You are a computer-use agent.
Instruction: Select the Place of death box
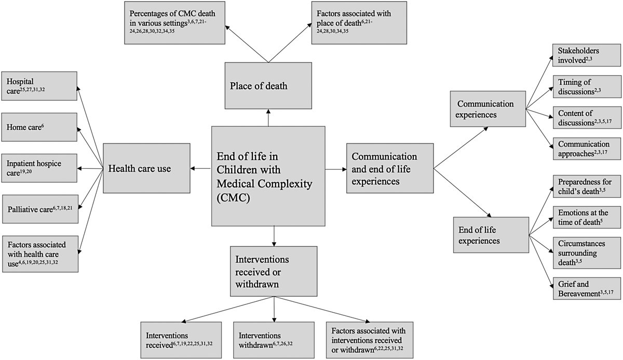click(268, 86)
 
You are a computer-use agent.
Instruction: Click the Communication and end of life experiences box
click(389, 168)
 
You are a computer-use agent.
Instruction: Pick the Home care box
click(40, 126)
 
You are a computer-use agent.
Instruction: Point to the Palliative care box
click(40, 209)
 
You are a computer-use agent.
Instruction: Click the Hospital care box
click(40, 85)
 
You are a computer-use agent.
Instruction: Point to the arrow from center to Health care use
click(201, 168)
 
